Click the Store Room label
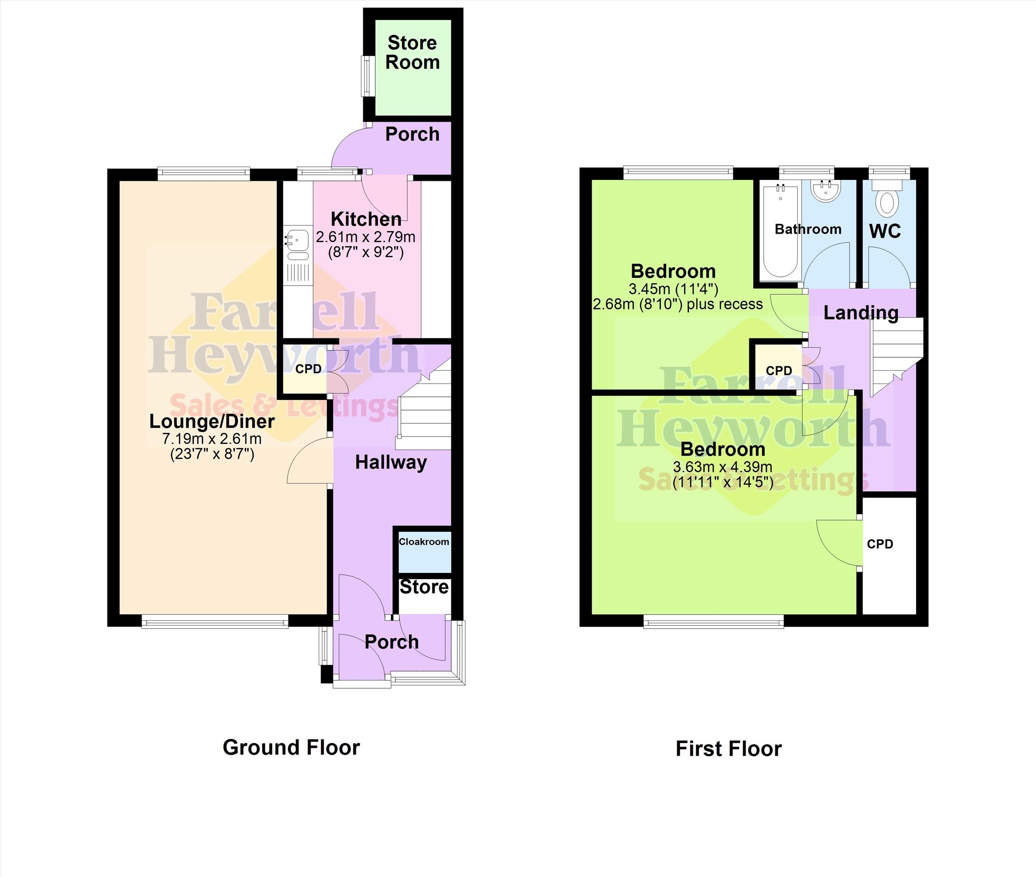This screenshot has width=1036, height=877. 413,53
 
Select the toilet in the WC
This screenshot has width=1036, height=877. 887,199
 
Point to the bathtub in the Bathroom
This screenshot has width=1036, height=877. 781,230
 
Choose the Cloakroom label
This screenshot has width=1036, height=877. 424,541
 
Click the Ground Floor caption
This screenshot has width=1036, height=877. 291,747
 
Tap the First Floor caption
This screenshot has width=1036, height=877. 729,749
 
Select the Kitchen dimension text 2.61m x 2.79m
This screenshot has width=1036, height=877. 366,236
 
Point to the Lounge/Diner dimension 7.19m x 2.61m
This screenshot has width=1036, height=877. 212,438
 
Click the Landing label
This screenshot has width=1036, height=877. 861,313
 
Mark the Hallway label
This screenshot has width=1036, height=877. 391,462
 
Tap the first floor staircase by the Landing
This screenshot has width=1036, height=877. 896,356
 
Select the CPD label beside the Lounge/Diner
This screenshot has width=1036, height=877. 308,369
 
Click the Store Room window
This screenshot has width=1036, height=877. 368,76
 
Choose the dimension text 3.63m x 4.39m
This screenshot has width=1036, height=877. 722,467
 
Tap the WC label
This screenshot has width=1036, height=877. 885,230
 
